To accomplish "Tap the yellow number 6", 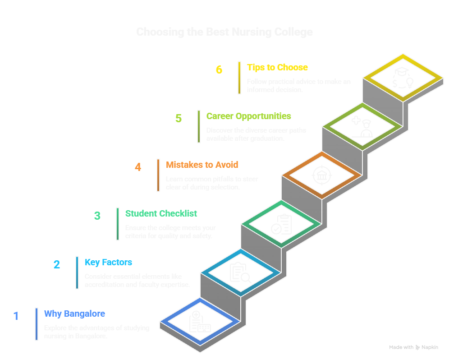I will [x=219, y=70].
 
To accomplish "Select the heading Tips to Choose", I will [x=277, y=68].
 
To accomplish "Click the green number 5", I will [x=179, y=119].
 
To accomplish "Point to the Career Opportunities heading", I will [x=248, y=116].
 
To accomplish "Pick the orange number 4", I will [x=138, y=167].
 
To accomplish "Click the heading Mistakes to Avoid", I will [x=202, y=165].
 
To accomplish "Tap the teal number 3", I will [x=97, y=216].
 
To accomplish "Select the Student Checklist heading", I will [x=161, y=213].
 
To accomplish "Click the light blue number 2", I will [x=57, y=264].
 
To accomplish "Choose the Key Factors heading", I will [x=108, y=263].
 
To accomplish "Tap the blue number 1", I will [x=16, y=316].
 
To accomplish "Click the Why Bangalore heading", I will [x=74, y=314].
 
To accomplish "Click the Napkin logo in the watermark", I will [x=427, y=347].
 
